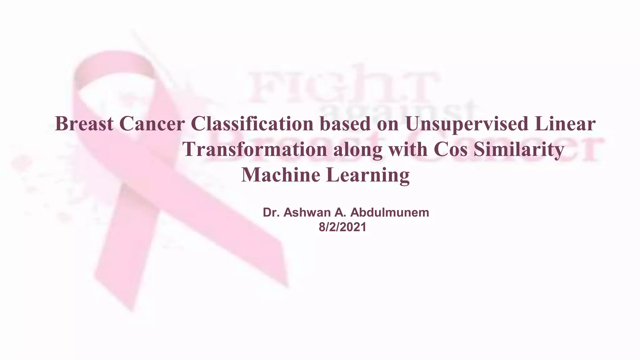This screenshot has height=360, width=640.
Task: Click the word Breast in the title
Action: (x=84, y=124)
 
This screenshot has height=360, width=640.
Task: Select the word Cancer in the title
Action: (x=152, y=124)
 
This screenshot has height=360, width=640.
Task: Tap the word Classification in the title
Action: (x=252, y=124)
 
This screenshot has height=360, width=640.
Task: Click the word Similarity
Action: (x=519, y=149)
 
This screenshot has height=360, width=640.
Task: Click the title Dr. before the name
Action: (x=270, y=212)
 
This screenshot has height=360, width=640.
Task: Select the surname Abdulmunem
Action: (x=390, y=212)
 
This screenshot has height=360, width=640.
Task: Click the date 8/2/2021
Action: (x=342, y=227)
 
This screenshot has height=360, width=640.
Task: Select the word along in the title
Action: (x=357, y=149)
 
